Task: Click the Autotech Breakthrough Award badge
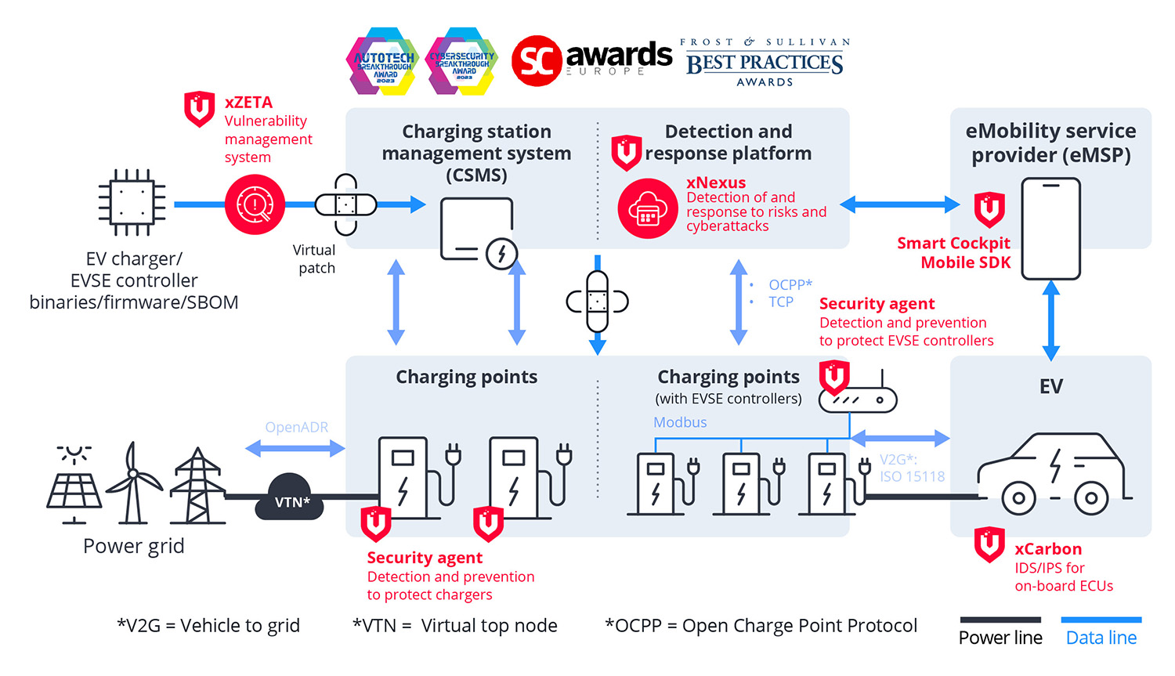click(x=382, y=61)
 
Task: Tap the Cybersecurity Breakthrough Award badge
click(x=461, y=61)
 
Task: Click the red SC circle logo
click(x=537, y=61)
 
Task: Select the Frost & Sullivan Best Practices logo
click(x=765, y=62)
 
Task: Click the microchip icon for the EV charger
click(x=132, y=202)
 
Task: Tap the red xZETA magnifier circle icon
click(x=255, y=204)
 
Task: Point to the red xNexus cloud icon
click(x=647, y=208)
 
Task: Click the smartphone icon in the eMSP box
click(x=1050, y=229)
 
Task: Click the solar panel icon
click(x=74, y=485)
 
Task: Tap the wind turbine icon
click(x=134, y=483)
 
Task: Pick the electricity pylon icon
click(x=197, y=486)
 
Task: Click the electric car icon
click(x=1054, y=474)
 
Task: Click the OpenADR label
click(x=296, y=428)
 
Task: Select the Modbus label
click(x=680, y=422)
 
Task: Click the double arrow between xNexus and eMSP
click(x=900, y=204)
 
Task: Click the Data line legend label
click(x=1101, y=638)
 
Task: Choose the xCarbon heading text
click(x=1048, y=549)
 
